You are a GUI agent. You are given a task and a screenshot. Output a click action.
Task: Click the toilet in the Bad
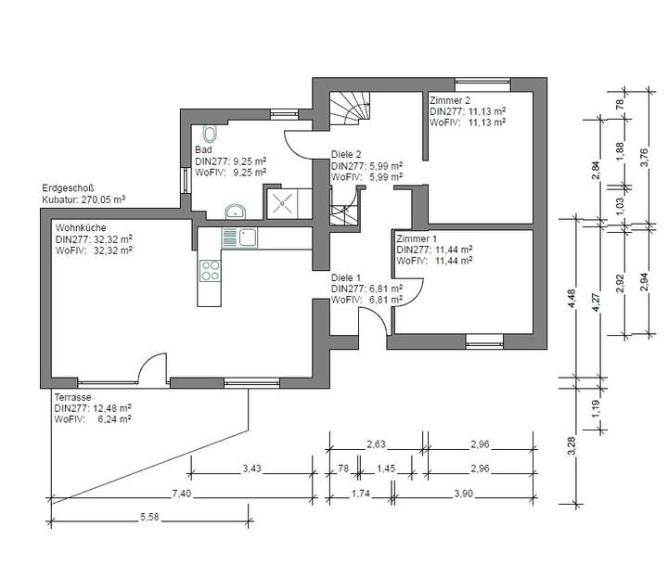[210, 134]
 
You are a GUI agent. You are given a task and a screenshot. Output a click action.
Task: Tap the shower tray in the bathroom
[282, 204]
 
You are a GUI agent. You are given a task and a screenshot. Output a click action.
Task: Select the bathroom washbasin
[235, 212]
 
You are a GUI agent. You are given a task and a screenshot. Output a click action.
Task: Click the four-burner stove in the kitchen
[210, 271]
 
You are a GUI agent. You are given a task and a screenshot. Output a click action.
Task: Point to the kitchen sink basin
[248, 238]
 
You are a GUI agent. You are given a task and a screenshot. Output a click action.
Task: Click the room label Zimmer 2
[450, 100]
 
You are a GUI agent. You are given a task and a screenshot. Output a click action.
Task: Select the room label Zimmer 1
[417, 238]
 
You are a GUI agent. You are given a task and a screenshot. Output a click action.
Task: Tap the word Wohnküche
[81, 227]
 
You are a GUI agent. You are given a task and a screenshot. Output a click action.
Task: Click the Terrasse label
[72, 397]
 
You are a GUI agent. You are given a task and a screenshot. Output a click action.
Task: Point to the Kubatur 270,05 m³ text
[83, 199]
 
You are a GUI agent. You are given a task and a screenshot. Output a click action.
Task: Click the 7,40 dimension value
[182, 494]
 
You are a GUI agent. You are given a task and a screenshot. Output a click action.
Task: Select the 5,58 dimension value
[149, 517]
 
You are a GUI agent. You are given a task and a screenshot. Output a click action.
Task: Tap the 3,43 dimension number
[251, 469]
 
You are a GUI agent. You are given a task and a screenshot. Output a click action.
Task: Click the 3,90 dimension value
[463, 494]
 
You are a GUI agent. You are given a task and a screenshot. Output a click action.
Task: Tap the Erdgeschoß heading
[68, 187]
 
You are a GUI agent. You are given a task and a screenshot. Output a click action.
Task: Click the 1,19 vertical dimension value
[596, 407]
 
